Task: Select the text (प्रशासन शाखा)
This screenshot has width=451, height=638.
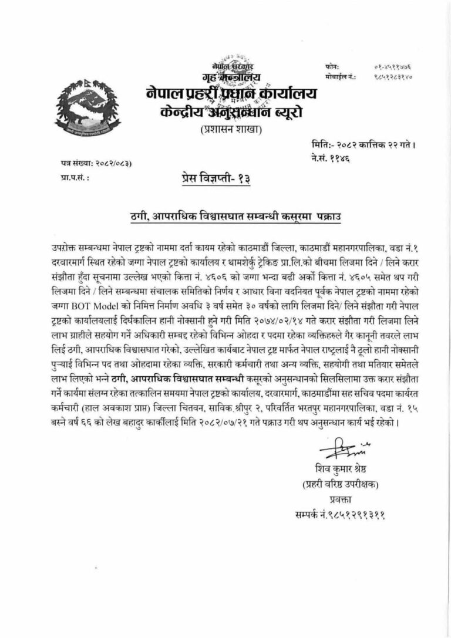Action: [x=233, y=130]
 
